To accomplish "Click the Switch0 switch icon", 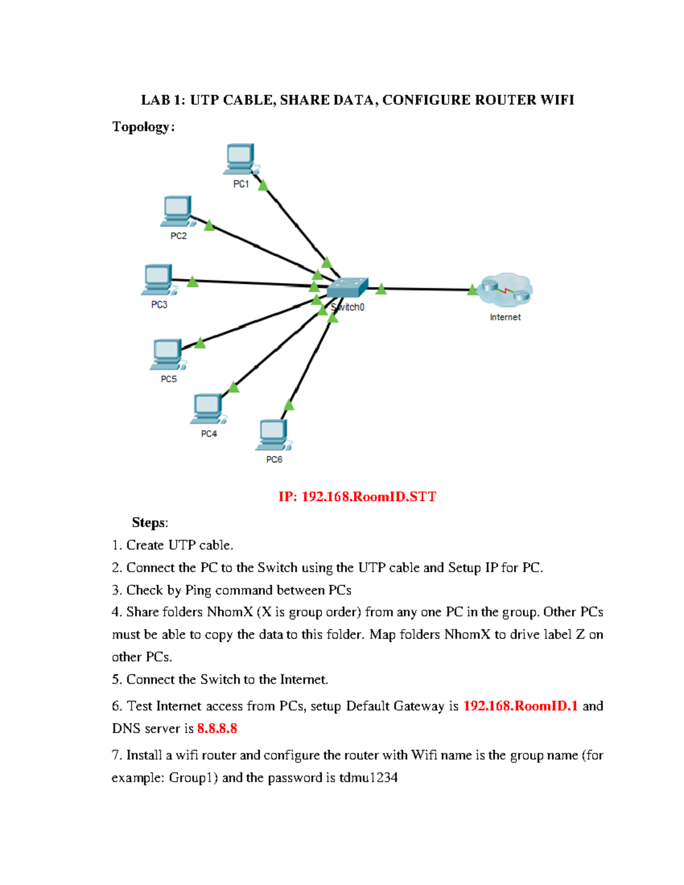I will (x=347, y=288).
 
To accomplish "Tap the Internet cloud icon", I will (x=505, y=290).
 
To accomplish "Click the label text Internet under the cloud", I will (x=505, y=317).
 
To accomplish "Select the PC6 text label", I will (x=274, y=459).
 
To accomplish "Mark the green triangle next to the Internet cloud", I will (x=472, y=290).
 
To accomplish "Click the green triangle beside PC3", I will (x=193, y=282).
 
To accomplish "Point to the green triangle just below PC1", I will (x=263, y=185).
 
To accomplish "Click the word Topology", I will (x=141, y=127).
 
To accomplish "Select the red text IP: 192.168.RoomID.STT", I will (x=357, y=496).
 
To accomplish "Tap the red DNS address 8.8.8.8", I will (x=217, y=728).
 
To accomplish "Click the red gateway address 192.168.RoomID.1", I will (x=520, y=706).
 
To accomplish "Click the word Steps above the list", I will (x=149, y=523).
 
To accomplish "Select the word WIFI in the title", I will (x=557, y=100).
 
